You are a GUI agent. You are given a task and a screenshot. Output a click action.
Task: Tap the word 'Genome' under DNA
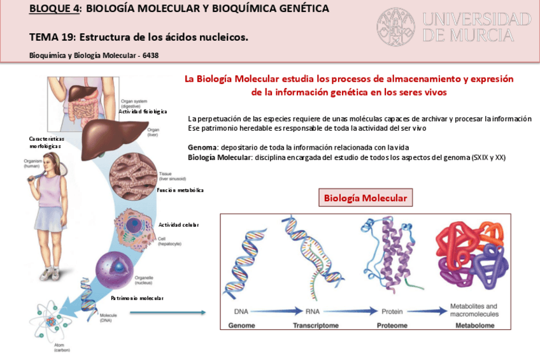tap(242, 326)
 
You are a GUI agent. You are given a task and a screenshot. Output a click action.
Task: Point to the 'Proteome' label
tap(392, 326)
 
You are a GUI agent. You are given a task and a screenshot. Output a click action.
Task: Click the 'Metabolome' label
tap(474, 326)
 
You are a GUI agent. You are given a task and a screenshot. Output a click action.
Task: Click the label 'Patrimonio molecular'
tap(137, 298)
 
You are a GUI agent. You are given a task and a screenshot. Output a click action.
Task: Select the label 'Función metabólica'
tap(180, 190)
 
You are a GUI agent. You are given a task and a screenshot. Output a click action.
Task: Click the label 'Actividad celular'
tap(178, 224)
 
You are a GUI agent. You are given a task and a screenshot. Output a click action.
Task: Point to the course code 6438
tap(150, 55)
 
